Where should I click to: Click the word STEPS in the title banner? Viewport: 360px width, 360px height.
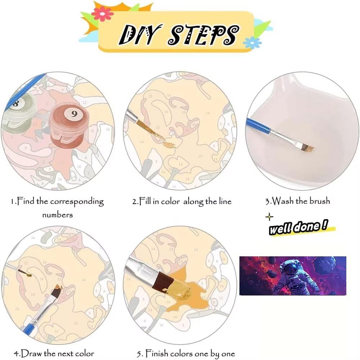tap(203, 35)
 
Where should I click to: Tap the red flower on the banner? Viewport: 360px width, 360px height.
tap(102, 14)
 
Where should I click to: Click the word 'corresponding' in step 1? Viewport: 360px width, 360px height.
tap(77, 202)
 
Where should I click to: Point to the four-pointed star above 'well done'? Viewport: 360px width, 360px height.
tap(269, 217)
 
